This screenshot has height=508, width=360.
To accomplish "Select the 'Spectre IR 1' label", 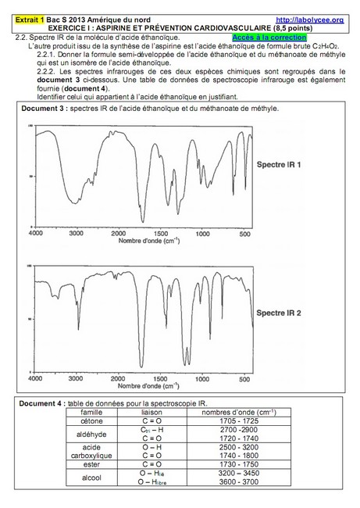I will [x=304, y=166].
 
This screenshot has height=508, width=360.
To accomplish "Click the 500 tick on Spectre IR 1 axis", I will [x=244, y=234].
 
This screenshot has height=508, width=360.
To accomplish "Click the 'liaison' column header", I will [x=151, y=412].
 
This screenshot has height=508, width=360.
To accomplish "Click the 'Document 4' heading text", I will [x=43, y=403].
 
